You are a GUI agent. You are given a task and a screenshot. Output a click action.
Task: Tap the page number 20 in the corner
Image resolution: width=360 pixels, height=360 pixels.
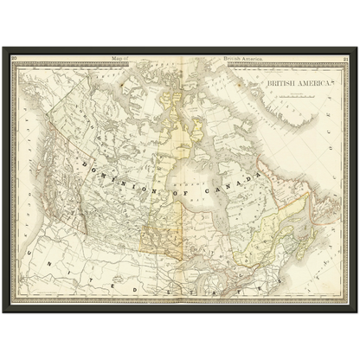16,59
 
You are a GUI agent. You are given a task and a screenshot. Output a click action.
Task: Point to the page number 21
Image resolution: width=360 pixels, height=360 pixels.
344,59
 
